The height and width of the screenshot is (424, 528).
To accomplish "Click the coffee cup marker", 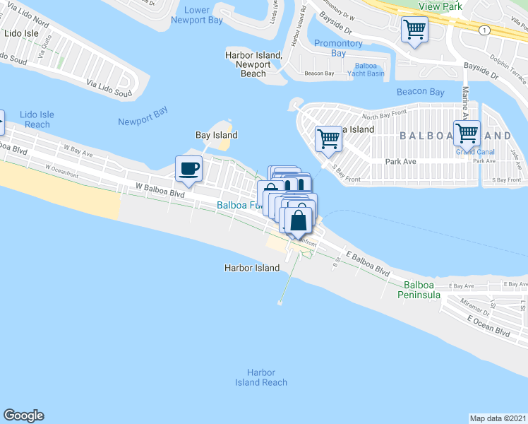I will click(188, 169).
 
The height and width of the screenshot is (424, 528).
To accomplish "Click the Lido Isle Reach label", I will click(36, 119).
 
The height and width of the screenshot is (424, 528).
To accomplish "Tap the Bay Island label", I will click(216, 135).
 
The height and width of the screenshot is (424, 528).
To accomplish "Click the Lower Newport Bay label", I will click(196, 15).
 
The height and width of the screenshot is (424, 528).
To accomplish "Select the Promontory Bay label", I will click(339, 48).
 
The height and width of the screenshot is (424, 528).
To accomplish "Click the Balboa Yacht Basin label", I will click(365, 69).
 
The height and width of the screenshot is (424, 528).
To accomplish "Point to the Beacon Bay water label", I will click(421, 92).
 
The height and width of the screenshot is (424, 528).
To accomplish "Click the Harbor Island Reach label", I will click(261, 377).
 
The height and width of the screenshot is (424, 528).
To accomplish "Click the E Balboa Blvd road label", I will click(367, 261).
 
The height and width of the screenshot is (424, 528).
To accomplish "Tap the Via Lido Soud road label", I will click(109, 88).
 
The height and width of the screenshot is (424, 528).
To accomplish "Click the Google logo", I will click(23, 416).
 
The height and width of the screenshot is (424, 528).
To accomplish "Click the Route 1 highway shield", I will click(484, 30).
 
